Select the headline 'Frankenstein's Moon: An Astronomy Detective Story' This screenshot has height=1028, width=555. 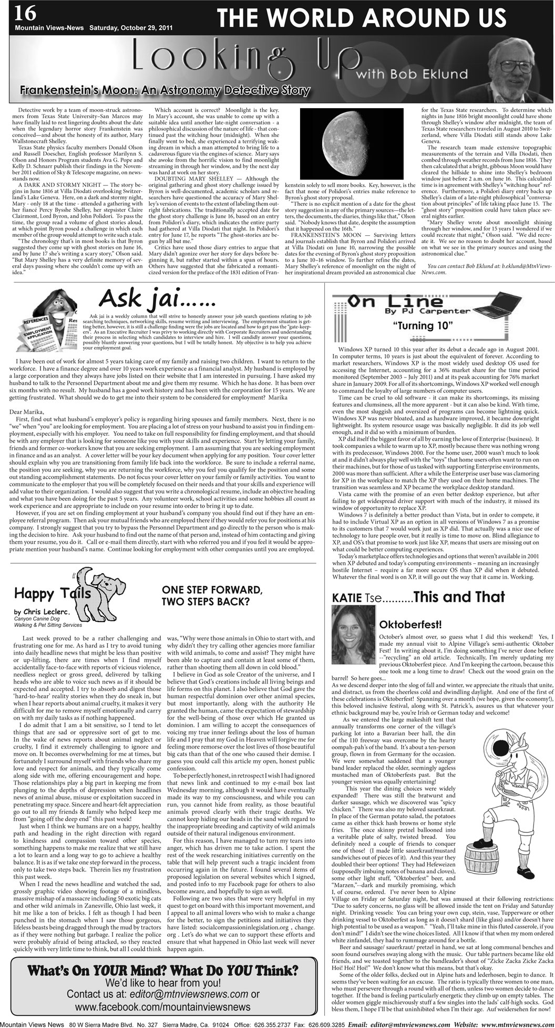coord(165,90)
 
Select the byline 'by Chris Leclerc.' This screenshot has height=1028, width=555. coord(42,612)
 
